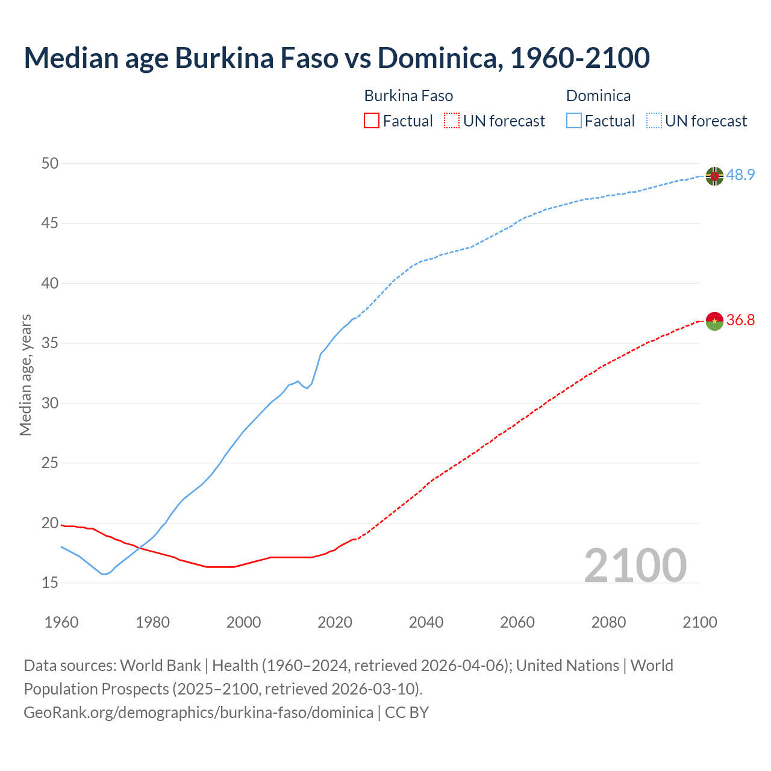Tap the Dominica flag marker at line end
coord(714,176)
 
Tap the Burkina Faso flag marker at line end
coord(714,321)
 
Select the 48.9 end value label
coord(740,175)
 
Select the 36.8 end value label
coord(740,320)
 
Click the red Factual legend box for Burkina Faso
coord(372,121)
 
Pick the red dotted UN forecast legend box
coord(452,121)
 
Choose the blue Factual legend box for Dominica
coord(574,121)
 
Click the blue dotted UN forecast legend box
coord(654,121)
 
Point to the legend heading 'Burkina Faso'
coord(408,96)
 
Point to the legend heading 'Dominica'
coord(598,96)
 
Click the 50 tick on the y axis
coord(50,163)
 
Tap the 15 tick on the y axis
coord(50,583)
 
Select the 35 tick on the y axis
coord(50,343)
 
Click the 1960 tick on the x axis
coord(61,622)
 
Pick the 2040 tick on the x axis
coord(426,622)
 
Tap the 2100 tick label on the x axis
coord(699,622)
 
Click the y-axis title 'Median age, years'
coord(25,375)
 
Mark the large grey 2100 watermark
coord(635,565)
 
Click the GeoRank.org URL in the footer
coord(198,713)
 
